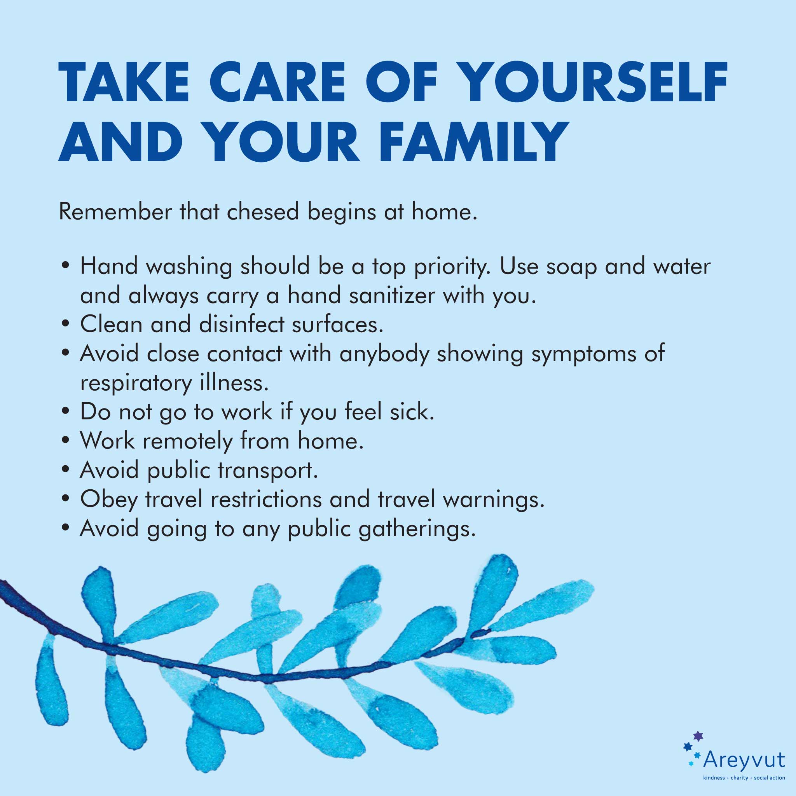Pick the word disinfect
[242, 324]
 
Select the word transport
[268, 471]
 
